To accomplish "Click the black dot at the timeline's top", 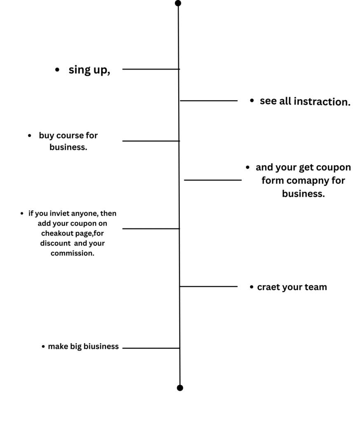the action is (x=178, y=3).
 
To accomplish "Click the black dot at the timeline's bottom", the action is (x=180, y=388).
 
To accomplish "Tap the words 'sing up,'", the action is (x=89, y=70).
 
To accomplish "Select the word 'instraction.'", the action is (x=322, y=102).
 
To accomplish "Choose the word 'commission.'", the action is (x=73, y=253).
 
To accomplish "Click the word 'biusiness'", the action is (x=101, y=346).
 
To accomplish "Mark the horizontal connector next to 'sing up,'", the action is (x=151, y=69).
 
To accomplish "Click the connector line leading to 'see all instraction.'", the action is (x=209, y=101).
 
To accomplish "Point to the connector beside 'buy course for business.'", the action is (x=151, y=141).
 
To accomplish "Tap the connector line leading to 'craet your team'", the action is (x=209, y=287).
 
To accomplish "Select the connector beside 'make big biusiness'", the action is (x=151, y=348).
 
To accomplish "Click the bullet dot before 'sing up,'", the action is (x=57, y=70).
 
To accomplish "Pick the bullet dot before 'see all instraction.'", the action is (x=252, y=101).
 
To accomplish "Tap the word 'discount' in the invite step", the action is (x=56, y=243).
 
